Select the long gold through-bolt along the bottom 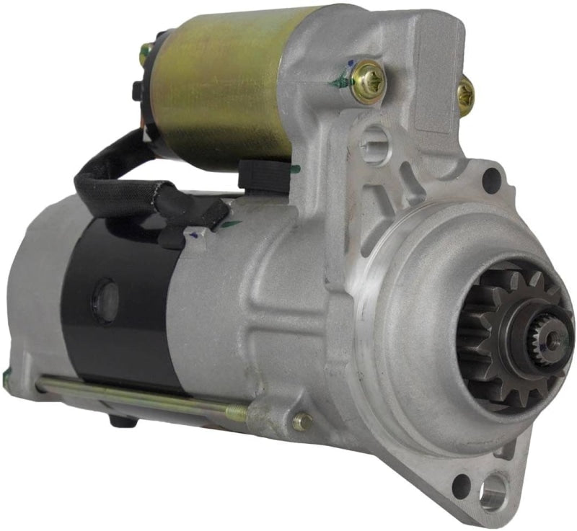coord(137,397)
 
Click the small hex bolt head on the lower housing coord(304,421)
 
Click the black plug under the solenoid coord(252,173)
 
